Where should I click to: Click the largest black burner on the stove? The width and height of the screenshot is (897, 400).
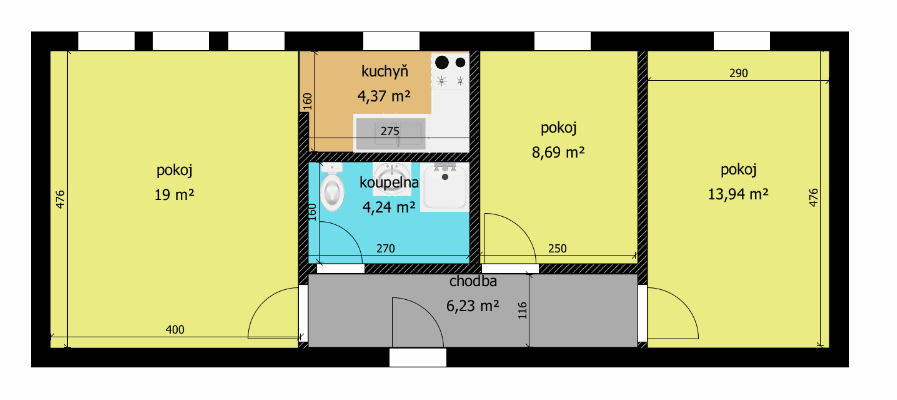(442, 62)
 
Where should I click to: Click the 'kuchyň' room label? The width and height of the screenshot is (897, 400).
(384, 71)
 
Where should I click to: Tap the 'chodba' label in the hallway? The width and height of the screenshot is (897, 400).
(473, 281)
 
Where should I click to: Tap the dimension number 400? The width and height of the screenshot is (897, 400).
(175, 329)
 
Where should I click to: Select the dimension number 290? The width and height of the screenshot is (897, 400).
(739, 73)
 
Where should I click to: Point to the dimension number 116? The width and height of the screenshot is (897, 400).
(522, 310)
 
